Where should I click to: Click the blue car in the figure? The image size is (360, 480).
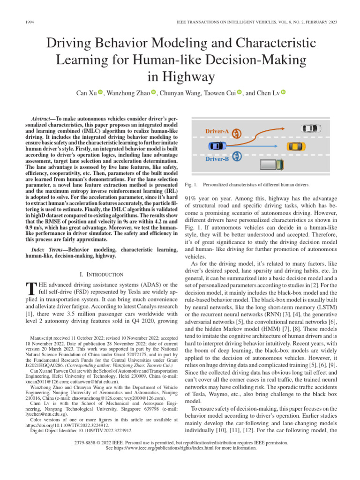coord(216,146)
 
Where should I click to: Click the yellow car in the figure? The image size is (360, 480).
coord(295,146)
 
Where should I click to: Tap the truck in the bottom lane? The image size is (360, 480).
coord(272,165)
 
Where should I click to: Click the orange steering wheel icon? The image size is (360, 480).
coord(237,133)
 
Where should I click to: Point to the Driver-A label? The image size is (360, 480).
coord(217,132)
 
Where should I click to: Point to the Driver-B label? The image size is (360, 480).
coord(217,159)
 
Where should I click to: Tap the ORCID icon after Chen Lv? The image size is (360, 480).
coord(283,93)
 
